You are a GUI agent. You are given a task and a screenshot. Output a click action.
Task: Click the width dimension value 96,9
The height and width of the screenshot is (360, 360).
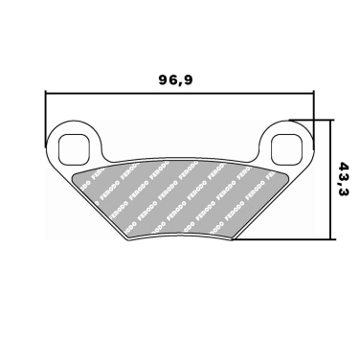(175, 80)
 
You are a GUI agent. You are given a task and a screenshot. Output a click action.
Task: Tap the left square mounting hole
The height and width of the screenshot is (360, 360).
(73, 146)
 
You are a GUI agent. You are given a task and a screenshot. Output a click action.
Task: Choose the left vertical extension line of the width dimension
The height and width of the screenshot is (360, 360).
(46, 110)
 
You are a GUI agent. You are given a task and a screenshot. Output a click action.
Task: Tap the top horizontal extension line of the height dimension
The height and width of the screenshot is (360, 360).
(311, 119)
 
